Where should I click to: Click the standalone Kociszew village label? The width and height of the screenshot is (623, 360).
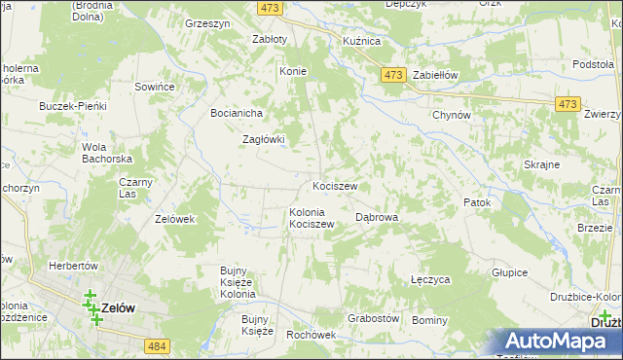click(x=335, y=186)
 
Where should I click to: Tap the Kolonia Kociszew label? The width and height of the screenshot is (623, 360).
click(x=311, y=218)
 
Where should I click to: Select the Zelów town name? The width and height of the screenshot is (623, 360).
click(x=118, y=307)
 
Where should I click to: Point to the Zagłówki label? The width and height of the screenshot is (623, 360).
click(x=263, y=139)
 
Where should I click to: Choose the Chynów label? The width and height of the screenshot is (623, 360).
click(x=452, y=115)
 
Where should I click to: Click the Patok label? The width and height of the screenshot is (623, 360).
click(x=476, y=202)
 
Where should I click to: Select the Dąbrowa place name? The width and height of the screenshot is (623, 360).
click(x=378, y=218)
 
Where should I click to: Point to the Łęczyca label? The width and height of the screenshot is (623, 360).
click(x=430, y=279)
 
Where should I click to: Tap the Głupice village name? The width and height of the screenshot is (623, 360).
click(x=509, y=273)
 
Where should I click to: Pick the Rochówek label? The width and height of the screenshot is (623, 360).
click(x=311, y=335)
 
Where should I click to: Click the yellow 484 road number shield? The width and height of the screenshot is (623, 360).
click(x=156, y=345)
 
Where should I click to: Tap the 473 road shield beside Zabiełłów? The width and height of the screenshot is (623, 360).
click(x=393, y=76)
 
